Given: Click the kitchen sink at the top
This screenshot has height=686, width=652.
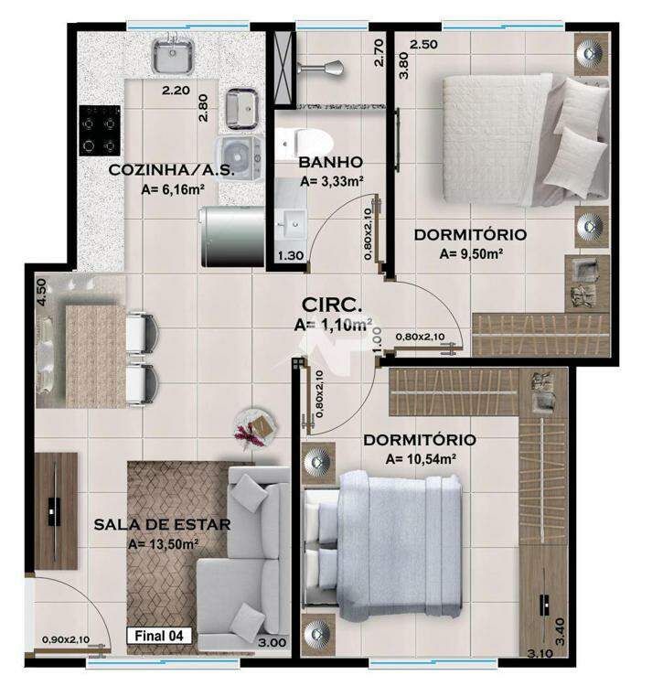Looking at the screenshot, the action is pos(173,55).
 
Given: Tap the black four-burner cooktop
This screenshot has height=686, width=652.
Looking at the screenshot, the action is pos(100,131).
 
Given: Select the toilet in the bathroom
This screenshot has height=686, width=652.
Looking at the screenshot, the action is pos(305,143).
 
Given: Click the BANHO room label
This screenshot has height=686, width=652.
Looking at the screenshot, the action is pos(331,162).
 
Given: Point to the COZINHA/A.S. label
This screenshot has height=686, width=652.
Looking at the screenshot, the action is pos(171,170).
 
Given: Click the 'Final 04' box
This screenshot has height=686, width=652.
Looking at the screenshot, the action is pos(159,636).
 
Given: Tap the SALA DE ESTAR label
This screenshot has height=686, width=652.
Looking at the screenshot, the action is pos(162,524).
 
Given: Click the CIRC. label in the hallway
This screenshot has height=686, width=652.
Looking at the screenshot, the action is pos(332,305).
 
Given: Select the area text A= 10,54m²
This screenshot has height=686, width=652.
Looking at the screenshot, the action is pos(422,459).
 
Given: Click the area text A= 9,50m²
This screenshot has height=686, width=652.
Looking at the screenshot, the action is pos(471,253).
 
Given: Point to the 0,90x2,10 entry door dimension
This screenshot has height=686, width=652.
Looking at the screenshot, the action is pos(66,639).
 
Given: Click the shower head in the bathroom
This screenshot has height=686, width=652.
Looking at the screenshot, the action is pos(321,69).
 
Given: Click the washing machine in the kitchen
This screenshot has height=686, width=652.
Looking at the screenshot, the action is pos(241,155).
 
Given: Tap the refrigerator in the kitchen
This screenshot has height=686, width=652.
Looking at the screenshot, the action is pos(232,237).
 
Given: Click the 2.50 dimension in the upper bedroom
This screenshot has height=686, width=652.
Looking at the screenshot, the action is pos(423,45).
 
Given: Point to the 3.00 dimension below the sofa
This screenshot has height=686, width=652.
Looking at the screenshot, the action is pos(272,643).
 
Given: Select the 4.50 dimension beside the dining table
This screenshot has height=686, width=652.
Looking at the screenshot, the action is pos(41,293).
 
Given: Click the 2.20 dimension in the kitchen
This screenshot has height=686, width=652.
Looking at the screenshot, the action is pos(176,91).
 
